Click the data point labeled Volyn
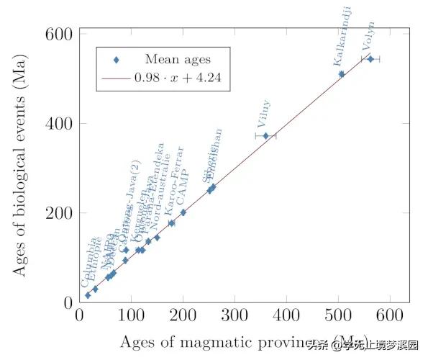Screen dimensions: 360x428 tap(370, 59)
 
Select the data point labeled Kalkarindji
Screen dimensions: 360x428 tap(342, 74)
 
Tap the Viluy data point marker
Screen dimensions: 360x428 tap(265, 135)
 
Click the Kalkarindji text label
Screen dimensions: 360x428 tap(342, 36)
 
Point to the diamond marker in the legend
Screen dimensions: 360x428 tap(116, 59)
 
